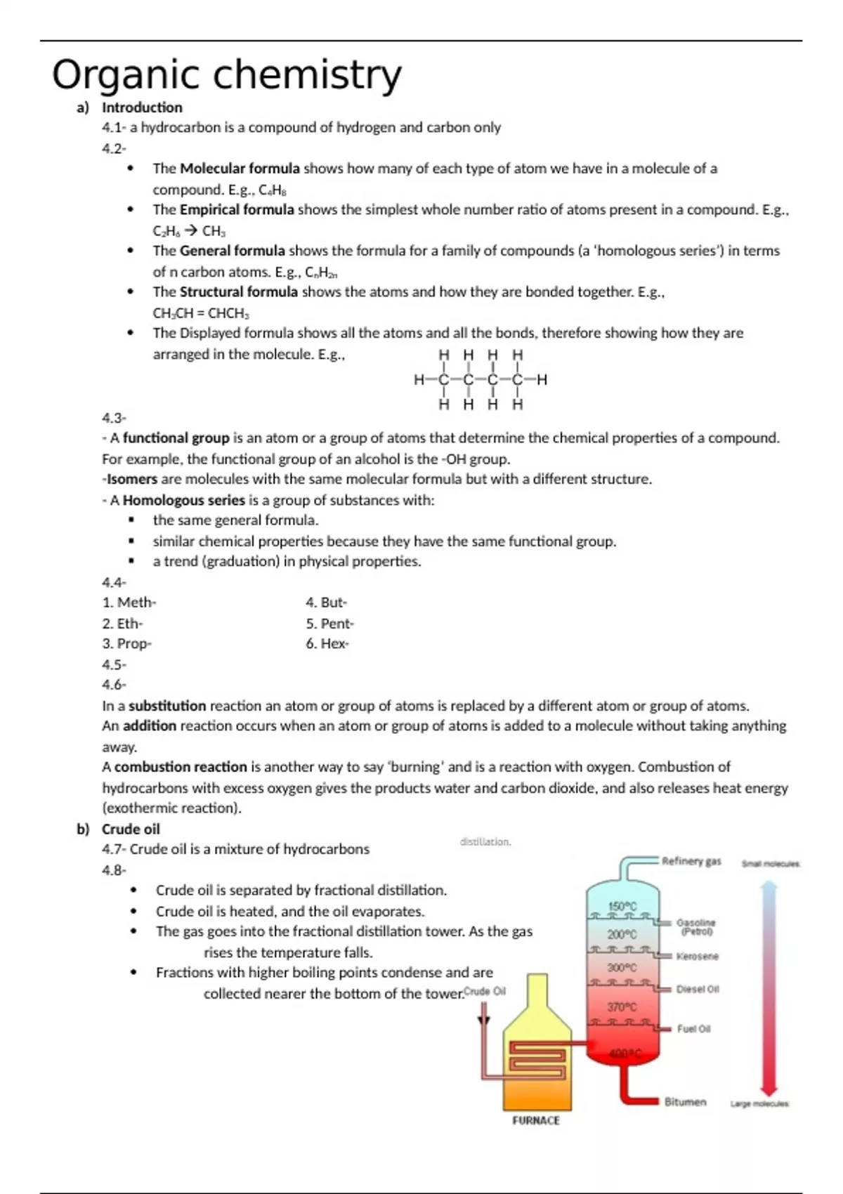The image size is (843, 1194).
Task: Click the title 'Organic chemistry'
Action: (226, 74)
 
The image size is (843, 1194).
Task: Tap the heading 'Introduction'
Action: (142, 107)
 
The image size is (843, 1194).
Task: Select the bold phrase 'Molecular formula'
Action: (240, 169)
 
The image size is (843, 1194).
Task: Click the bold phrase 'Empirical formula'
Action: (237, 209)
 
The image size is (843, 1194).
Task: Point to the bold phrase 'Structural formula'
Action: (239, 291)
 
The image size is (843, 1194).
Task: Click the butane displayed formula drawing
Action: (481, 379)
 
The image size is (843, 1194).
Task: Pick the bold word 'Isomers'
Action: (132, 479)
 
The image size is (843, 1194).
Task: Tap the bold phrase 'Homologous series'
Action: (184, 500)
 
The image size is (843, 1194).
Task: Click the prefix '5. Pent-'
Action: (329, 624)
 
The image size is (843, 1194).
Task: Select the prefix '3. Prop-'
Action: (126, 643)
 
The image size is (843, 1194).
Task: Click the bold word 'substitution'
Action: (167, 705)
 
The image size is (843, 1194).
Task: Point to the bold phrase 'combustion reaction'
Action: (181, 767)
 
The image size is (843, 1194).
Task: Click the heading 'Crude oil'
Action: (131, 829)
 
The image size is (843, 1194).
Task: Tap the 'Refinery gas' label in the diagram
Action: (691, 861)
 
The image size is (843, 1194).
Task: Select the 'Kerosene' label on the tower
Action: (697, 956)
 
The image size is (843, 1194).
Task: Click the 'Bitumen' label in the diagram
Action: (685, 1102)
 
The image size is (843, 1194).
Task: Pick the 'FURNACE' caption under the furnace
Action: (536, 1120)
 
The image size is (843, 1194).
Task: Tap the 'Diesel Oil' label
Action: (698, 989)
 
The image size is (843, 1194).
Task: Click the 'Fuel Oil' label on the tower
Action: (693, 1029)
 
